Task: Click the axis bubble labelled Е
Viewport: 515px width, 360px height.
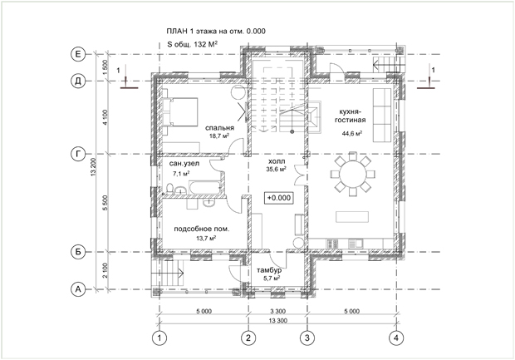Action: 78,54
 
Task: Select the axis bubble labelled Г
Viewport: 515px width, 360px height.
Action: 78,154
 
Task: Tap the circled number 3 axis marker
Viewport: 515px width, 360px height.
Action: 307,338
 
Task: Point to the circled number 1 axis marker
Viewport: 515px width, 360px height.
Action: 159,338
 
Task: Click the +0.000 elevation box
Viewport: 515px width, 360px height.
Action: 279,198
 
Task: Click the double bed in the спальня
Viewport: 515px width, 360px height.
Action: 180,111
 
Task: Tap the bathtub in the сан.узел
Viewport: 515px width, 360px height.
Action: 204,187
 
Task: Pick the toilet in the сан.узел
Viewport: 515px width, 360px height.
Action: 169,189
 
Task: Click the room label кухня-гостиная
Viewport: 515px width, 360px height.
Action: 351,116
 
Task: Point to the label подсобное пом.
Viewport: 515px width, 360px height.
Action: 202,229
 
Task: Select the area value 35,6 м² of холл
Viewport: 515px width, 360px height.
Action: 276,169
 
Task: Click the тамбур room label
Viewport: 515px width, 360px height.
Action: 269,270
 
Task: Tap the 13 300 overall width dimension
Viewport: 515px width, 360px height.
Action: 278,321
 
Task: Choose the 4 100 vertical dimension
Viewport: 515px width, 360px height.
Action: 105,117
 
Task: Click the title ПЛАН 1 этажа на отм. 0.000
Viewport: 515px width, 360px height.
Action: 216,32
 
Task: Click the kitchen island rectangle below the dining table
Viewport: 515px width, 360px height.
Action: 352,217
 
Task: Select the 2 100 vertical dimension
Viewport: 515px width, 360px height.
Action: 105,270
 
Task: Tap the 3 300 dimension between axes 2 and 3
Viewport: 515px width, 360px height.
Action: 278,311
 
